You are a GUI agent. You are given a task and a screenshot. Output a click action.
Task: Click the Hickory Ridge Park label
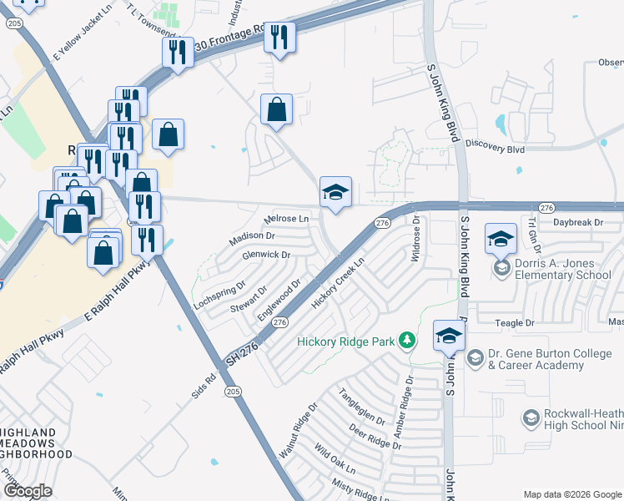(349, 341)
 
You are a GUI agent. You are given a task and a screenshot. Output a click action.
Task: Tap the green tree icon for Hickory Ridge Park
(407, 340)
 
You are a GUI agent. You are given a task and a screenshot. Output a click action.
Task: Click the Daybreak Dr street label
(571, 222)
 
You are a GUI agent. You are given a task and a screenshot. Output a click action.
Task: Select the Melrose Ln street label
(286, 220)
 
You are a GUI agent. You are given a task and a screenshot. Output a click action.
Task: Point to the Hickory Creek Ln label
(339, 284)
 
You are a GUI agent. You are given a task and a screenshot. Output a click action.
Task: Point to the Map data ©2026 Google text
(571, 494)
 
